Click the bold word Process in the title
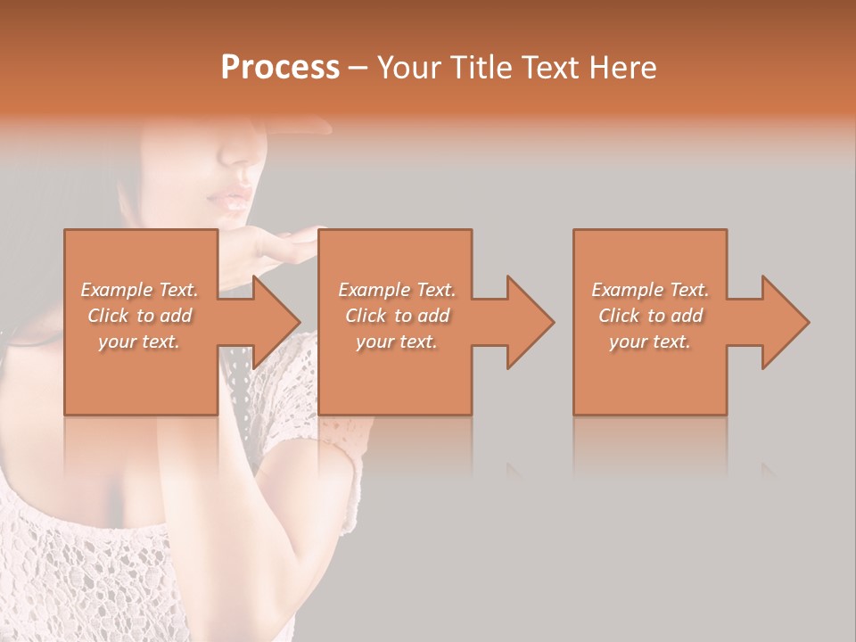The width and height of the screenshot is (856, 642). (280, 68)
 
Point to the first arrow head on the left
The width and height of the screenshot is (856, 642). (276, 322)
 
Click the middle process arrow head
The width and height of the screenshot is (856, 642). (530, 322)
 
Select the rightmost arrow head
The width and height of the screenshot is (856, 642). (785, 322)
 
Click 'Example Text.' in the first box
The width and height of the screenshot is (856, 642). (140, 290)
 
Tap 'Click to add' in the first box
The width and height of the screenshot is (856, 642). (140, 316)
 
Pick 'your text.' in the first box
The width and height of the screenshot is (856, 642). (140, 342)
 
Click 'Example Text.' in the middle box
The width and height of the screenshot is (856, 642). (397, 290)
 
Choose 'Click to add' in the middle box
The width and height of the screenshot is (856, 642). (397, 316)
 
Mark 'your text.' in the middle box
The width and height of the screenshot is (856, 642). (397, 342)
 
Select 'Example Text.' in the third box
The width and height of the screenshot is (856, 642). (650, 290)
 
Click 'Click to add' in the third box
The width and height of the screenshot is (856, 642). (650, 316)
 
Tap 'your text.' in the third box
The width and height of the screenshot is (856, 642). (650, 342)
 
